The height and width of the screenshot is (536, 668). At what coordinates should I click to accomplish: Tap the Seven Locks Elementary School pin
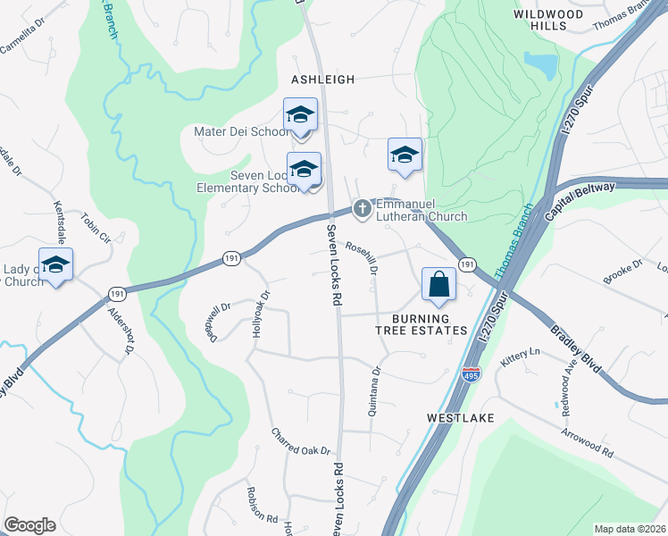[x=305, y=170]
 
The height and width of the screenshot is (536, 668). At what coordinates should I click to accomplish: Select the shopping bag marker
[x=438, y=286]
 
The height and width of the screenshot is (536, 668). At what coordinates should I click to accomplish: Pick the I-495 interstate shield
[x=471, y=375]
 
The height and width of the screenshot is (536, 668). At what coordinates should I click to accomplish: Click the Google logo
[x=29, y=525]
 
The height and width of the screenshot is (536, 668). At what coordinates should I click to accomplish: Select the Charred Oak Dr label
[x=301, y=441]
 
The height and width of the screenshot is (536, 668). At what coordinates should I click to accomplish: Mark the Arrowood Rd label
[x=587, y=441]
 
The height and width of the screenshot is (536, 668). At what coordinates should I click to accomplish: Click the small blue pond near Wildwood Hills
[x=540, y=65]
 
